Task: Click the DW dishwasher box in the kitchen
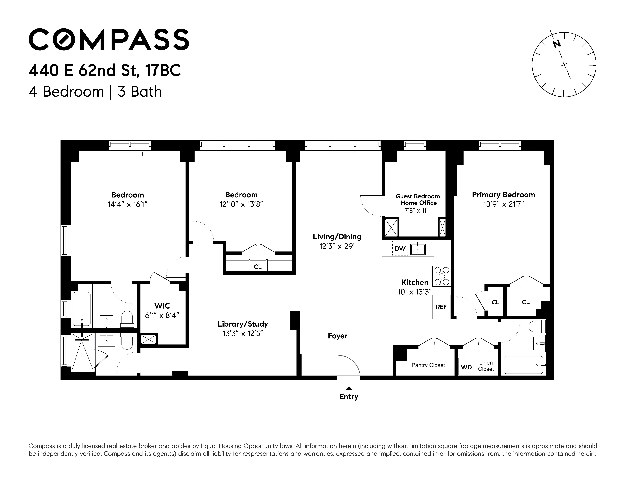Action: click(400, 248)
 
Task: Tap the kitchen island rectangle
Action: click(385, 298)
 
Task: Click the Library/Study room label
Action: click(243, 324)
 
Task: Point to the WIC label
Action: click(162, 306)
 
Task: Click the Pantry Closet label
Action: click(428, 365)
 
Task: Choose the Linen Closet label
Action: click(486, 366)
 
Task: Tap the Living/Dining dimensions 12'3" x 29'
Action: click(337, 246)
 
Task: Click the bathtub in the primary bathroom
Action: click(523, 365)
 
